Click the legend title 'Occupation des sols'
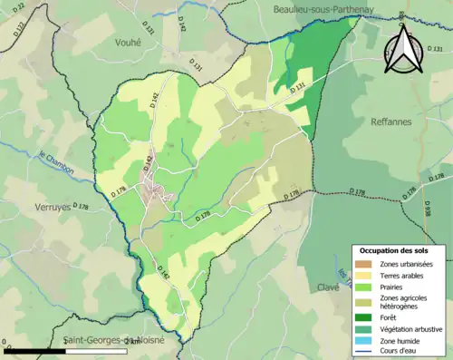396,250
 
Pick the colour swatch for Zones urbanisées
365,264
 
